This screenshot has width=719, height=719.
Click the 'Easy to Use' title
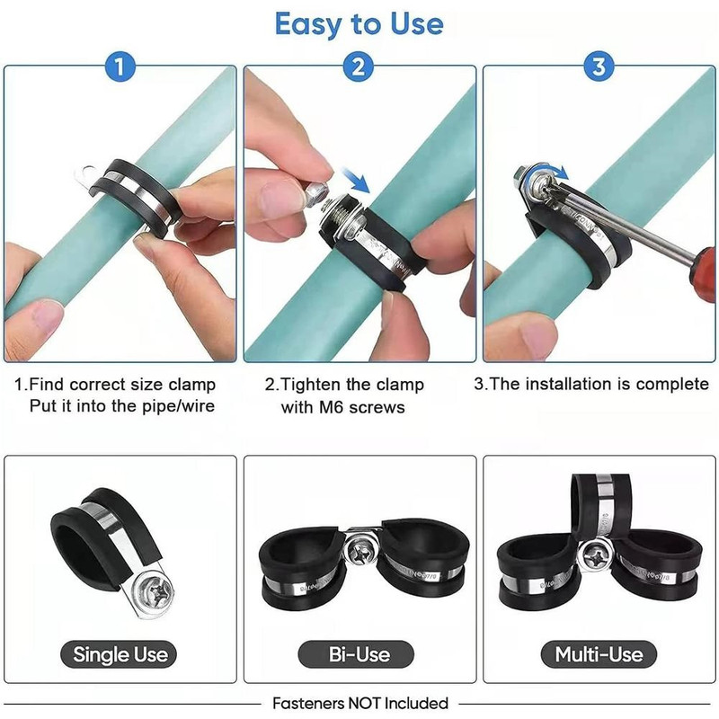[359, 24]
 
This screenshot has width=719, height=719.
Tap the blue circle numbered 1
[120, 67]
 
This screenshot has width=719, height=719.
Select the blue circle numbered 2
[359, 67]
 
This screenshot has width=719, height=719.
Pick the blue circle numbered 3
[599, 67]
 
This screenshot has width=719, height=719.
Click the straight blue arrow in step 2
[356, 181]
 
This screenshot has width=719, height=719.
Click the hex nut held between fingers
[316, 191]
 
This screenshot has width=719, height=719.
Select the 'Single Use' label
[119, 654]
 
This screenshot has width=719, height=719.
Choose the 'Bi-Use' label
[356, 654]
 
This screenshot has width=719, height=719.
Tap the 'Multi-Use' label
[599, 654]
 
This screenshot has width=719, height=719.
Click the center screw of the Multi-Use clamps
[595, 557]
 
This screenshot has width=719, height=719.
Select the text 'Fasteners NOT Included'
[360, 703]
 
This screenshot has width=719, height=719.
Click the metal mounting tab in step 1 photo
[86, 176]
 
